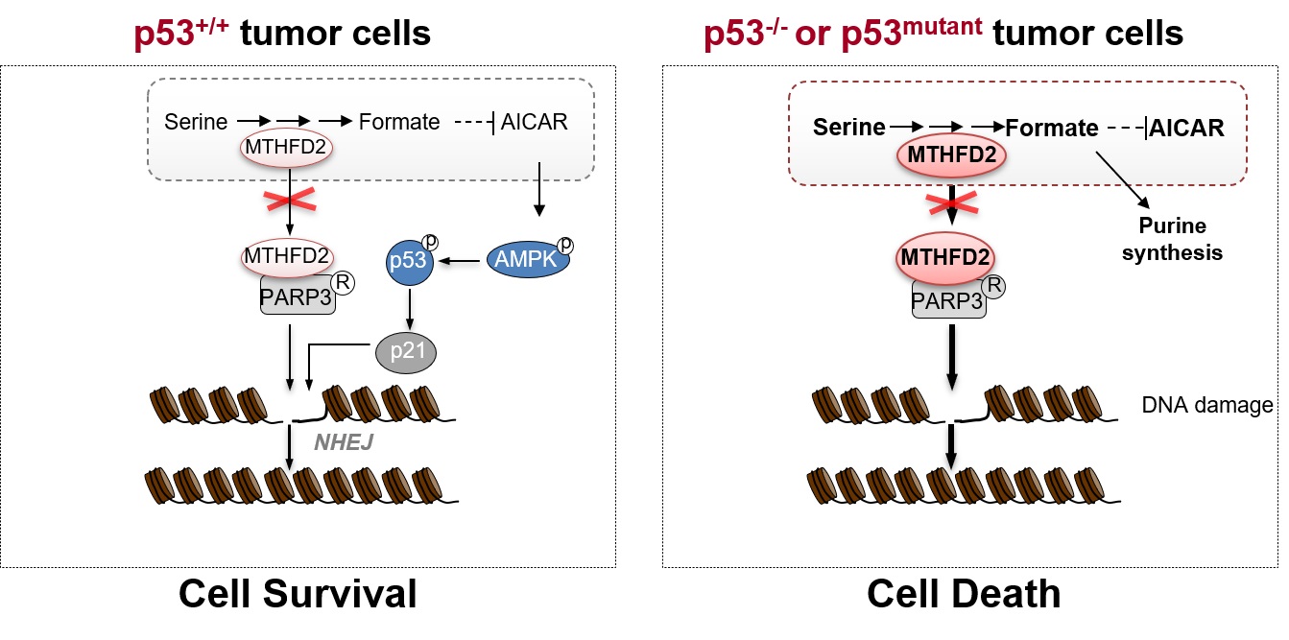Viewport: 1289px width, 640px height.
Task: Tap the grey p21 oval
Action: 405,353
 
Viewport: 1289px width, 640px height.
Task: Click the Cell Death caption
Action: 964,594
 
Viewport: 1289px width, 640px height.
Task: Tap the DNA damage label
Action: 1206,406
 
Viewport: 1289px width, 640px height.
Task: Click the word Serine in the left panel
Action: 196,122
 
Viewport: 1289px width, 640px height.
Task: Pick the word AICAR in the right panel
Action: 1187,128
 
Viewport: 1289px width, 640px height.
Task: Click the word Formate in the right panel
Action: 1051,128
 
